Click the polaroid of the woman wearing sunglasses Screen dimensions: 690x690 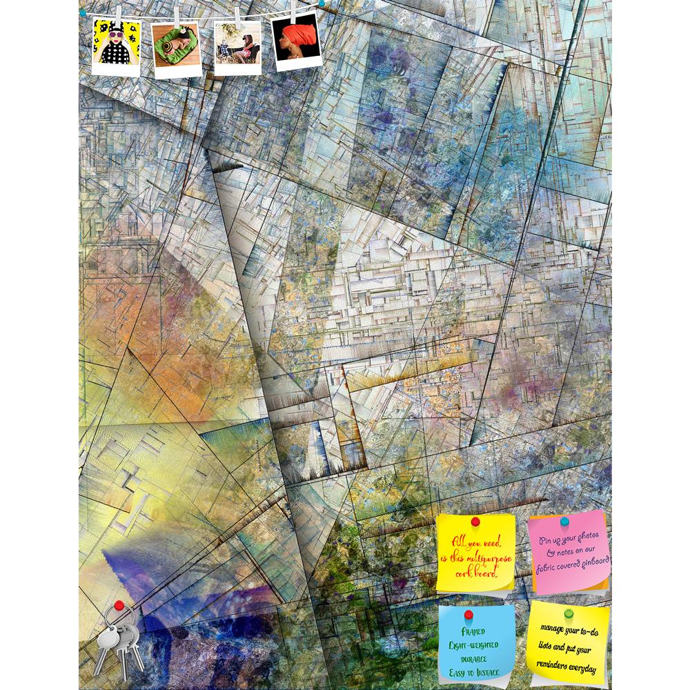tap(116, 46)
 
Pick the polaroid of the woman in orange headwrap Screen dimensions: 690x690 tap(297, 42)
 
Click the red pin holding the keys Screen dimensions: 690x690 tap(119, 606)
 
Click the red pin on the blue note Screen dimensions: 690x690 tap(469, 614)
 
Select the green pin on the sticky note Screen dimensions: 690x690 tap(569, 613)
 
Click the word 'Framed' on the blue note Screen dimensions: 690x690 tap(475, 631)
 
